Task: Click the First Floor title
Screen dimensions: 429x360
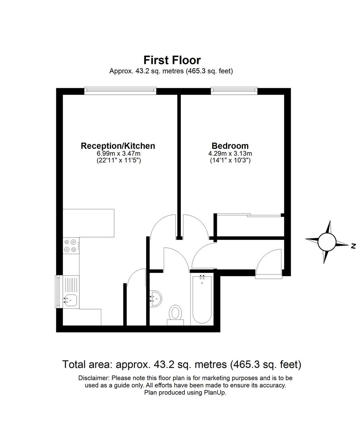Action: [172, 60]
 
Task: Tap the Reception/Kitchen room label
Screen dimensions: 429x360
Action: [118, 146]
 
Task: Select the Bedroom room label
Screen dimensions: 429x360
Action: [230, 146]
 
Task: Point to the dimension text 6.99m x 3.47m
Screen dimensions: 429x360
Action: [118, 154]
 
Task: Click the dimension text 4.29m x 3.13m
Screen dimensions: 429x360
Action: [230, 154]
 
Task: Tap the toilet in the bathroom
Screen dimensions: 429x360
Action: [175, 312]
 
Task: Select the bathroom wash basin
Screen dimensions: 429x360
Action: [156, 297]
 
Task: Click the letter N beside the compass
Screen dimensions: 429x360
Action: [353, 247]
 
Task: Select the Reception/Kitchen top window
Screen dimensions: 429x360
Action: [120, 91]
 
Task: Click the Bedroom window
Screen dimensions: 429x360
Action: [234, 91]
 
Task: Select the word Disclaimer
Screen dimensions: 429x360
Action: [95, 378]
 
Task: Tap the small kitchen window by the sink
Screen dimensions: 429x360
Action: [58, 292]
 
